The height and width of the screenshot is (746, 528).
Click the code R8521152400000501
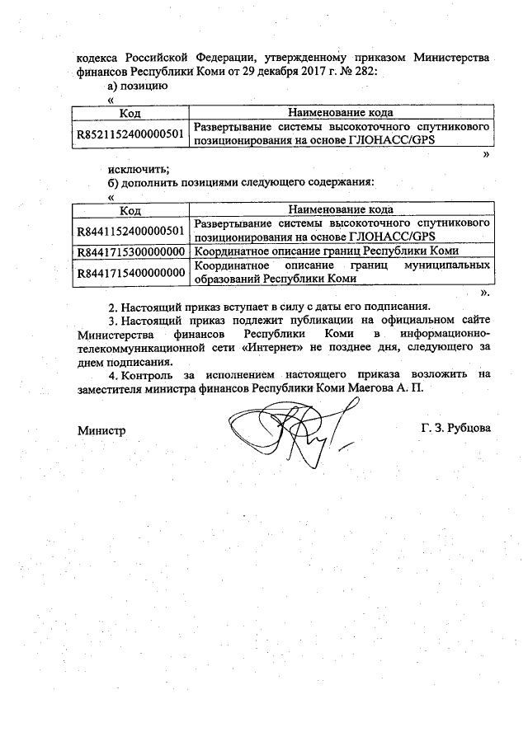pos(130,134)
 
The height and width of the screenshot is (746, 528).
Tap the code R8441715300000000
pos(130,251)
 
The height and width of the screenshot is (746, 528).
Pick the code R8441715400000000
pos(130,272)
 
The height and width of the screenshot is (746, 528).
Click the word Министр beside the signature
pos(101,430)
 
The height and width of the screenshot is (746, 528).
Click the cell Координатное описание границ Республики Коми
pos(326,251)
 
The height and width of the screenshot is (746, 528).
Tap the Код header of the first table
pos(130,113)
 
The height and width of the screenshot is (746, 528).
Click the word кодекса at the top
pos(98,58)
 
